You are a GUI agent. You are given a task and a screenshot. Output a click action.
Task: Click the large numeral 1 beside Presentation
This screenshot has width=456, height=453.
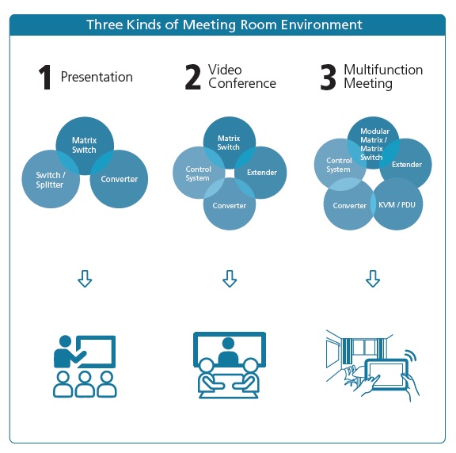click(x=45, y=77)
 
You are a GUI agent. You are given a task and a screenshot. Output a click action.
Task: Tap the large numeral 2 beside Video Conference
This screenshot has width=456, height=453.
click(x=193, y=77)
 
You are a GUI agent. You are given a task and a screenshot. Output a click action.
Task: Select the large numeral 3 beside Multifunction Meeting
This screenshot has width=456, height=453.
click(x=328, y=77)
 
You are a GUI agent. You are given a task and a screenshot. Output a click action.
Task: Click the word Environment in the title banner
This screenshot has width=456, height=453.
click(x=321, y=25)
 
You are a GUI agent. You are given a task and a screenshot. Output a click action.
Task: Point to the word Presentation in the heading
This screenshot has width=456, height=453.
click(x=97, y=77)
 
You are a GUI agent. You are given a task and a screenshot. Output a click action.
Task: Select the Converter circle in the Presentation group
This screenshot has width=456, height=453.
click(x=119, y=179)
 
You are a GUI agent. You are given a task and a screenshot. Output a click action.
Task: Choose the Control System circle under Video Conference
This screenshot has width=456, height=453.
click(x=199, y=173)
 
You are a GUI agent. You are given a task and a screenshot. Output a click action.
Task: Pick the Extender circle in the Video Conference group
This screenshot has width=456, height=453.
click(x=260, y=173)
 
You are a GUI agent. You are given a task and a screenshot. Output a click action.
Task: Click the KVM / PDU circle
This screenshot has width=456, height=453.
click(x=397, y=204)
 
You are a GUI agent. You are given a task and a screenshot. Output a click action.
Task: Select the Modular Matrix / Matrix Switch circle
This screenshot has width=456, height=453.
click(x=374, y=143)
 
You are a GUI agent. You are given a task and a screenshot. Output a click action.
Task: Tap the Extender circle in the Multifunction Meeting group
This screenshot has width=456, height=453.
click(x=405, y=163)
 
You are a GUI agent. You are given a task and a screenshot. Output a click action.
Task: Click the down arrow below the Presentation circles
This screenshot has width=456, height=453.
click(x=85, y=279)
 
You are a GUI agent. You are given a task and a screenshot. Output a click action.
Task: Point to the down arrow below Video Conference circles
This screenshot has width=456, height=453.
click(x=230, y=279)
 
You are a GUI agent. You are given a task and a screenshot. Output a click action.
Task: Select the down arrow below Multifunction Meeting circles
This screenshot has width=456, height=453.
click(x=373, y=279)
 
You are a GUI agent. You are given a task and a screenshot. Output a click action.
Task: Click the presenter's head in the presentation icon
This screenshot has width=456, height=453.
click(x=65, y=341)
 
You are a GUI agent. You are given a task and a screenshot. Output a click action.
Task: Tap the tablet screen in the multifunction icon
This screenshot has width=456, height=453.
click(x=386, y=374)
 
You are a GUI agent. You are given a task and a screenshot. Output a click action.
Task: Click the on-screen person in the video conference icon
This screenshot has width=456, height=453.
click(x=229, y=352)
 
